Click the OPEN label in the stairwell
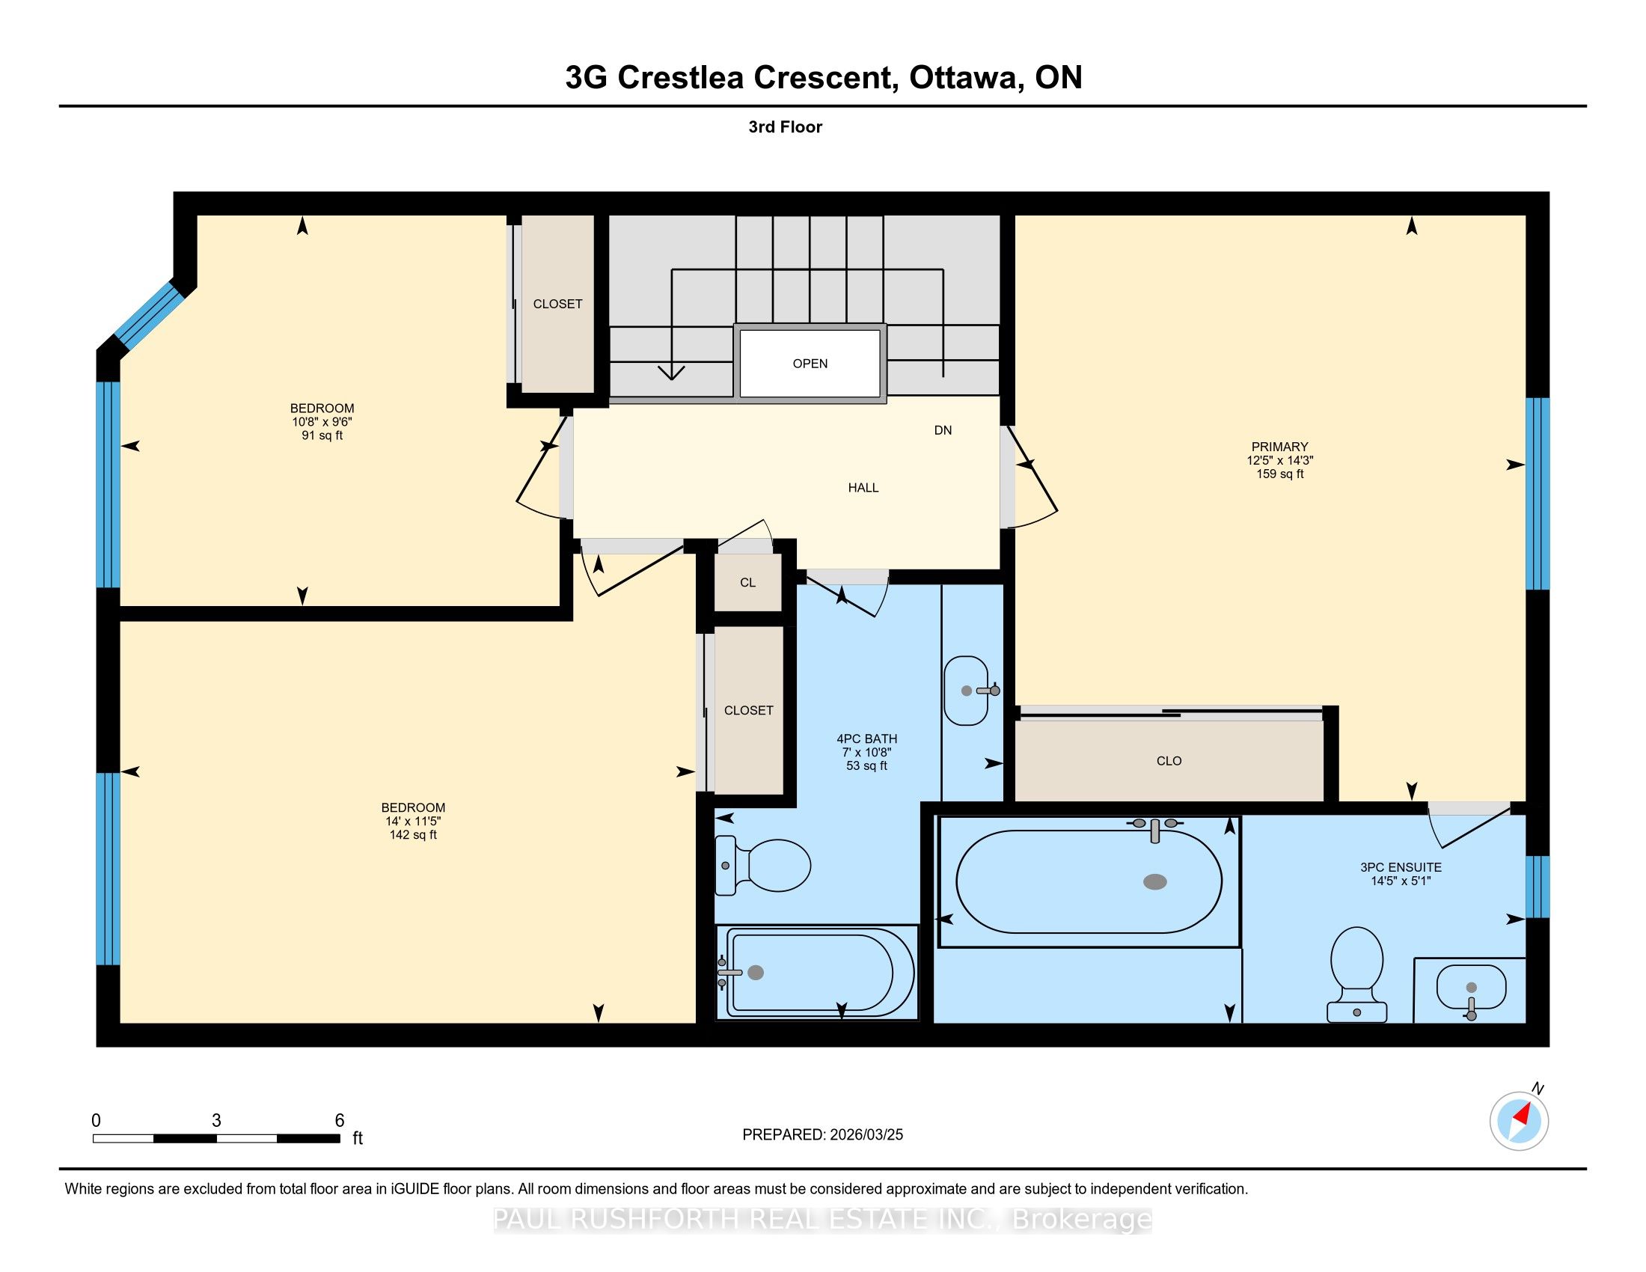pos(810,363)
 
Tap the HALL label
pos(863,488)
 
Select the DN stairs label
pos(943,430)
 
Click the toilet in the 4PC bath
pos(762,866)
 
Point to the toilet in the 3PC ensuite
pos(1356,974)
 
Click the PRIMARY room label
pos(1279,447)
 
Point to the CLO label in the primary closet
pos(1169,761)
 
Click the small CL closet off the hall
pos(747,582)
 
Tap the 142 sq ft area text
pos(413,835)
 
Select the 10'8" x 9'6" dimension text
pos(322,422)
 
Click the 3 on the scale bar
pos(216,1121)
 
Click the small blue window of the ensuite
pos(1538,887)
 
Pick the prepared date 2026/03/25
pos(866,1135)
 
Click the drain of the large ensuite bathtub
pos(1154,881)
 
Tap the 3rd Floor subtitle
pos(786,126)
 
